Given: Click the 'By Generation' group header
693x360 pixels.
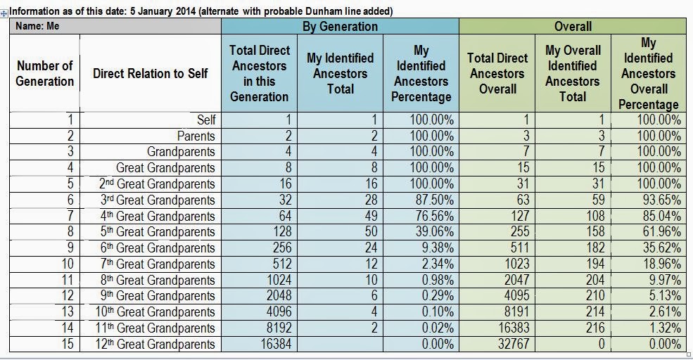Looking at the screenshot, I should tap(340, 26).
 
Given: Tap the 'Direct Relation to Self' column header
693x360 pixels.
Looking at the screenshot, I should tap(150, 73).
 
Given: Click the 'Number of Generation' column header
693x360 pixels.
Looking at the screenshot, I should tap(45, 73).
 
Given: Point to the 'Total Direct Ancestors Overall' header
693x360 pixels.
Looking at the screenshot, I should tap(498, 73).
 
